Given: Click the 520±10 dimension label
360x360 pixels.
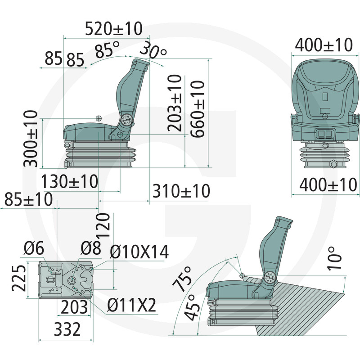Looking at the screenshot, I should click(114, 29).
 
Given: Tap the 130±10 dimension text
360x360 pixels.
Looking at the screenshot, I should click(70, 182).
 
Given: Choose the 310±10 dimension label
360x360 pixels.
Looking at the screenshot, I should click(181, 191).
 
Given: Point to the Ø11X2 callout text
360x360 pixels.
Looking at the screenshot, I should click(131, 306).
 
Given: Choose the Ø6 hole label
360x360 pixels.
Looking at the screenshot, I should click(34, 248).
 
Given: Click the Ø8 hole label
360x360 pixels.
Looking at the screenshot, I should click(90, 248).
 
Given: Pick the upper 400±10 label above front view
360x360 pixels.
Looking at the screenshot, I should click(324, 45).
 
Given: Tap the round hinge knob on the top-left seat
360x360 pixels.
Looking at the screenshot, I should click(127, 120).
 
